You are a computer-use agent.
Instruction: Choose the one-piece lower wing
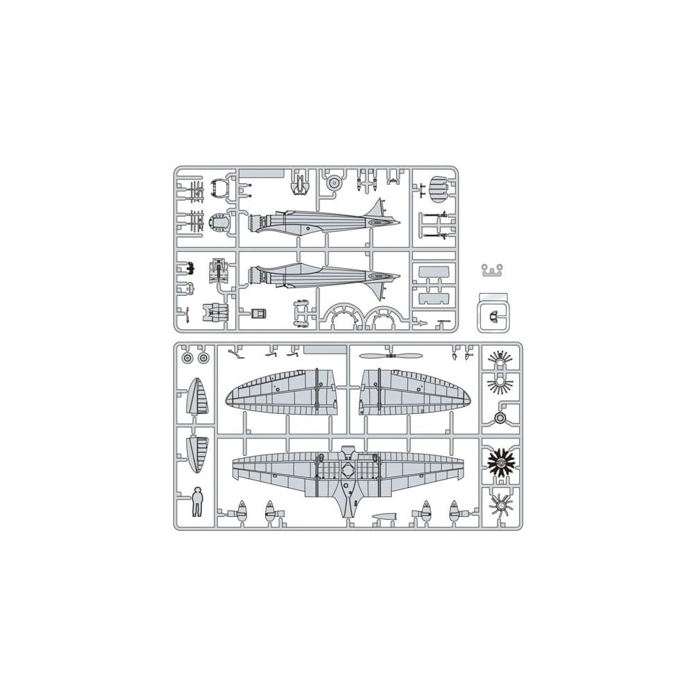348,473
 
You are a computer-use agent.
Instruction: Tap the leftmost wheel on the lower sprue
187,358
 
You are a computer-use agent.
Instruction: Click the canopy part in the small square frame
493,315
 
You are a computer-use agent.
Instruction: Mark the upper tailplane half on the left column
197,398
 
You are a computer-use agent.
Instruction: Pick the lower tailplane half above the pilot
197,452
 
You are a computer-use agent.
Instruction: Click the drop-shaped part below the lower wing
383,517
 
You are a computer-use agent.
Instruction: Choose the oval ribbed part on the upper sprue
437,187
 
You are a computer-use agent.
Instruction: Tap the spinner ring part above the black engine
500,417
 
